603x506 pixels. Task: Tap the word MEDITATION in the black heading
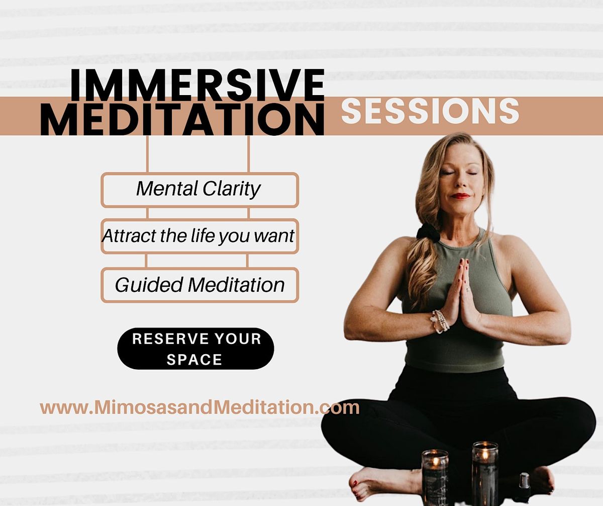182,119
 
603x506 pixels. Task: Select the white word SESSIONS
430,111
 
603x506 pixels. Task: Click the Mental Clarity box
199,190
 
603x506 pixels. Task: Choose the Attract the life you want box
199,236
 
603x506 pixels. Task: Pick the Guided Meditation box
199,285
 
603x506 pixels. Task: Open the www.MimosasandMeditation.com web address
199,408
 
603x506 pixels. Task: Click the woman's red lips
460,196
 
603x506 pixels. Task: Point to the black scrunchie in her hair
428,232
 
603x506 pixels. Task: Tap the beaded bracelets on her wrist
440,321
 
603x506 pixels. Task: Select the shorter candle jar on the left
435,477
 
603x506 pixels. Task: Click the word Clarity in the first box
231,190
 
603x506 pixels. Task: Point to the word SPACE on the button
194,360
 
